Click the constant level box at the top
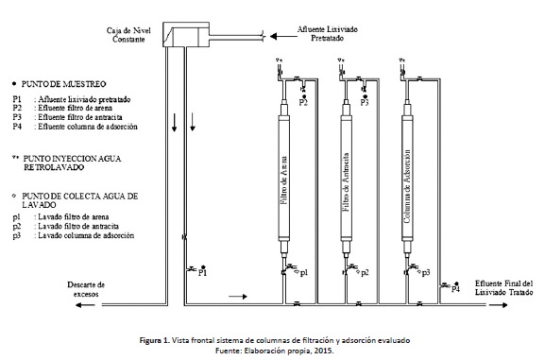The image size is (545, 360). tap(186, 34)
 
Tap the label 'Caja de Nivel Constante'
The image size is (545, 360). tap(128, 35)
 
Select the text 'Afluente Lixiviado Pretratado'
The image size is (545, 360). tap(327, 34)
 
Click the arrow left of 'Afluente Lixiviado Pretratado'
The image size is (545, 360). tap(283, 36)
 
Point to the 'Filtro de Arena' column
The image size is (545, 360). tap(283, 178)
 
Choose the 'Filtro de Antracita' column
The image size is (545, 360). tap(346, 178)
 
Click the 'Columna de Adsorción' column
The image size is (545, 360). tap(407, 178)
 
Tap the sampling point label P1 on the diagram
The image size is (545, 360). tap(202, 273)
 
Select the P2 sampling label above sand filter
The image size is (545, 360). tap(303, 102)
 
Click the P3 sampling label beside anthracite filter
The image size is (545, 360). tap(365, 102)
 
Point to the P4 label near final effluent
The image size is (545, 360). tap(455, 289)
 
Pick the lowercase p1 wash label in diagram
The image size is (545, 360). tap(304, 273)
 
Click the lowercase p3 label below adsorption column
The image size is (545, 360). tap(426, 273)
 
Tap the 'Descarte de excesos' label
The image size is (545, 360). tap(86, 289)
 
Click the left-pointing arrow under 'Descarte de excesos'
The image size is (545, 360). tap(85, 305)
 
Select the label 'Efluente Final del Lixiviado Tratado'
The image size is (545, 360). tap(504, 288)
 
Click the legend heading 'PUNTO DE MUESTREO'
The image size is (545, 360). tap(63, 84)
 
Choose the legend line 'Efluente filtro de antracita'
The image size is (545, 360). tap(80, 117)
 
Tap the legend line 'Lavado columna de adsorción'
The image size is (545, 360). tap(86, 235)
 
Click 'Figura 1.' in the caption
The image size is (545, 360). tap(155, 340)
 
